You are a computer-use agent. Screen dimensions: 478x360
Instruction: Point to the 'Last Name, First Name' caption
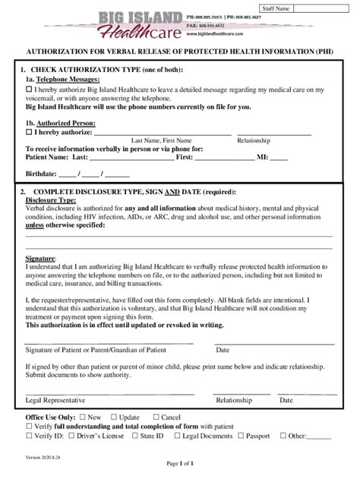tap(162, 140)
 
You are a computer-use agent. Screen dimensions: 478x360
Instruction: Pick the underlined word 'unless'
tap(34, 225)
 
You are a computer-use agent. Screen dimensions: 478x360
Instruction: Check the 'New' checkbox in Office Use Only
tap(83, 417)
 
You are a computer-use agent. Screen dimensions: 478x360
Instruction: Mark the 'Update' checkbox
tap(113, 417)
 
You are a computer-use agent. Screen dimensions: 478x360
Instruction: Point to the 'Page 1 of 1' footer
tap(179, 464)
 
